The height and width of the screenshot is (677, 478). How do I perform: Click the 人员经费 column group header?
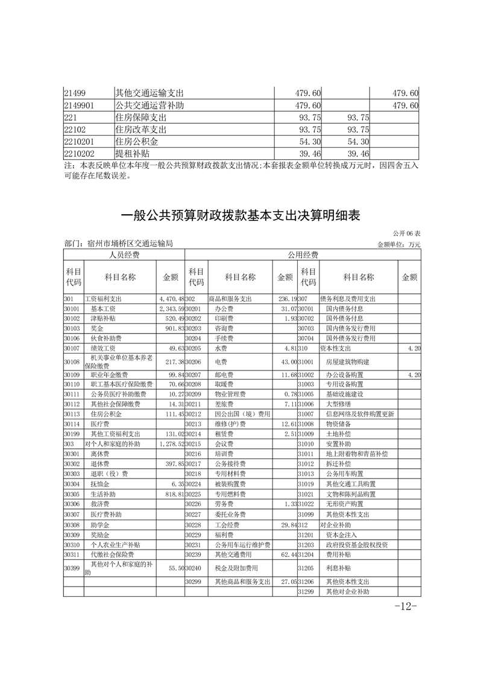click(x=124, y=255)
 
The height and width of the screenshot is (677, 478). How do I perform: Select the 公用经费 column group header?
click(x=303, y=255)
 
